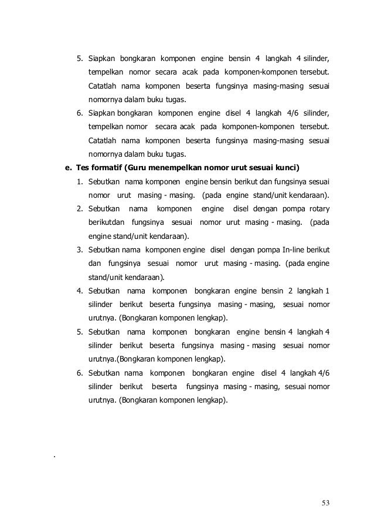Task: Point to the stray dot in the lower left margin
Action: [53, 456]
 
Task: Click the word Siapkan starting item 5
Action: [102, 59]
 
